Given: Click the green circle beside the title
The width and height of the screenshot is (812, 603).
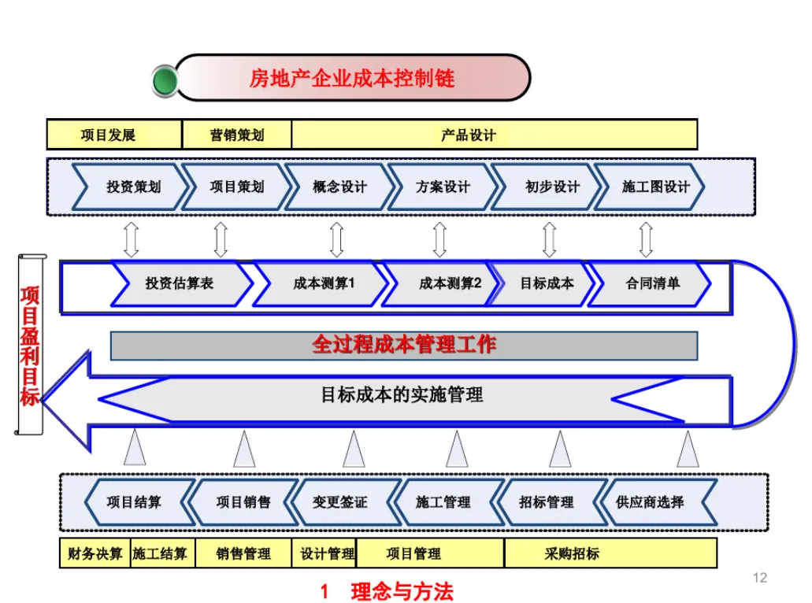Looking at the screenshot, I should pyautogui.click(x=165, y=80).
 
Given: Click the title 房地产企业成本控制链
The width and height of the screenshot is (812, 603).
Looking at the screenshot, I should pyautogui.click(x=351, y=78).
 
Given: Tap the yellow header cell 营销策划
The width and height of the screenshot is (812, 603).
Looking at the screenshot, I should pyautogui.click(x=236, y=135).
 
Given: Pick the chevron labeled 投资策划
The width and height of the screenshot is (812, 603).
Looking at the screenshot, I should pyautogui.click(x=133, y=187).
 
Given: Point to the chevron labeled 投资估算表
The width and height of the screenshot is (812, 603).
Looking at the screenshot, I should pyautogui.click(x=180, y=283).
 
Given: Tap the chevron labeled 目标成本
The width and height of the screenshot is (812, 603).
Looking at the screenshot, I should pyautogui.click(x=547, y=283).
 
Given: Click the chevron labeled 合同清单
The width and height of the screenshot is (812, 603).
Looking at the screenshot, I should pyautogui.click(x=652, y=283).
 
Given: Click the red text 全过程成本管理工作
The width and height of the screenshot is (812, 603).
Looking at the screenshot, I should pyautogui.click(x=404, y=345).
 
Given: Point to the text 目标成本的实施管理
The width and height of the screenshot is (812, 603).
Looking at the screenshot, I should pyautogui.click(x=402, y=394).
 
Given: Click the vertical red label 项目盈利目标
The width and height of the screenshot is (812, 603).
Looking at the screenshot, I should pyautogui.click(x=30, y=346).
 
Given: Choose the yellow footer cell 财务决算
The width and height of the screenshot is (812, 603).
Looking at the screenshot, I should pyautogui.click(x=95, y=553).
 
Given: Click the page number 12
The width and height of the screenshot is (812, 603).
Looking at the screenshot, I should pyautogui.click(x=760, y=579).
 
